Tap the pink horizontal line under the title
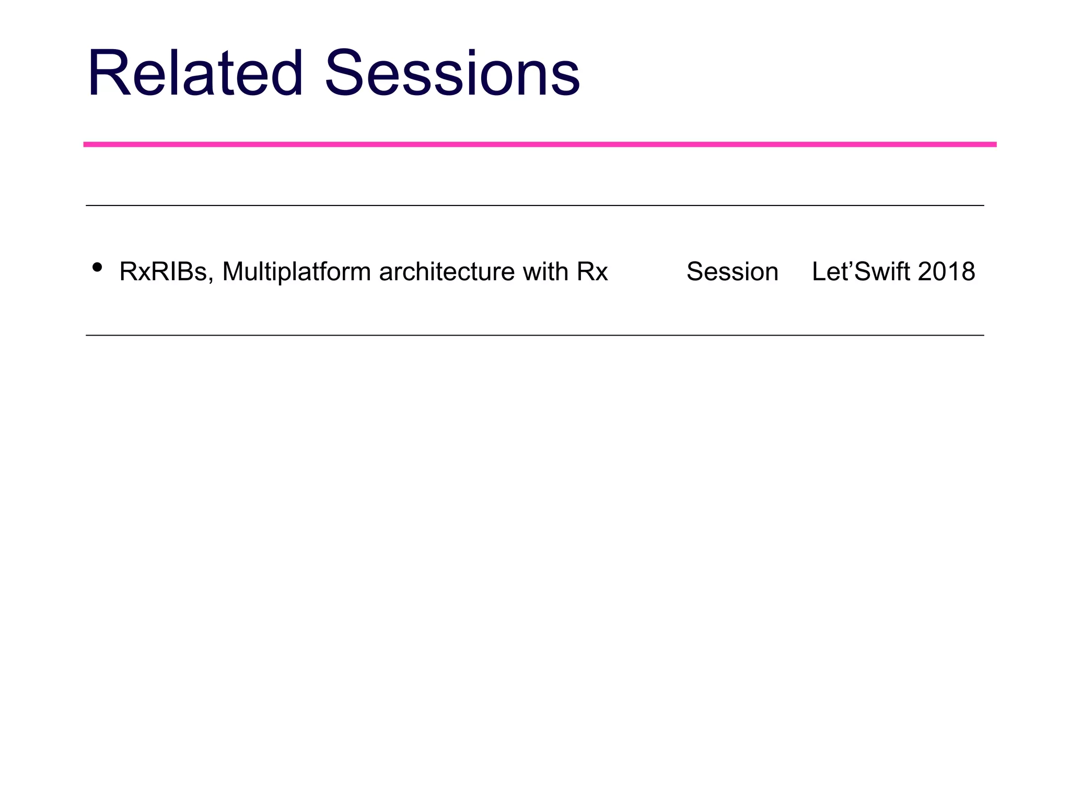coord(540,144)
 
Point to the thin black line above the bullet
coord(534,205)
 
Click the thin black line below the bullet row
coord(534,335)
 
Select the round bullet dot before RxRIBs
coord(97,268)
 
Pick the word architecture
coord(447,272)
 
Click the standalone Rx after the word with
coord(592,272)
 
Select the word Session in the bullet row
coord(732,272)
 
